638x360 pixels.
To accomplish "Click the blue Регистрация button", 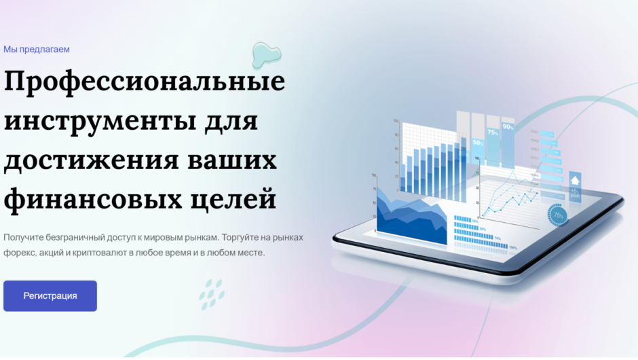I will click(50, 296).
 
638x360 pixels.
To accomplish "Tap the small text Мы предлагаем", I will click(37, 50).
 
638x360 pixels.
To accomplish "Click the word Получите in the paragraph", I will click(24, 238).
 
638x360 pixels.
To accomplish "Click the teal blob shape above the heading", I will click(267, 54).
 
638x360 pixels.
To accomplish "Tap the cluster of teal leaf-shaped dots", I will click(212, 293).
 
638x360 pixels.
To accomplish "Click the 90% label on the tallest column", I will click(508, 126).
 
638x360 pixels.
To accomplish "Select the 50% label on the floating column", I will click(478, 143).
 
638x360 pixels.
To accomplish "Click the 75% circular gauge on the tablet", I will click(559, 215).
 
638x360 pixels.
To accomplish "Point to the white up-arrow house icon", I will click(574, 181).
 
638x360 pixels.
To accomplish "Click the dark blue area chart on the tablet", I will click(411, 217).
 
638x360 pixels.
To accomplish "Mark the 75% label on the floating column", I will click(493, 133).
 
